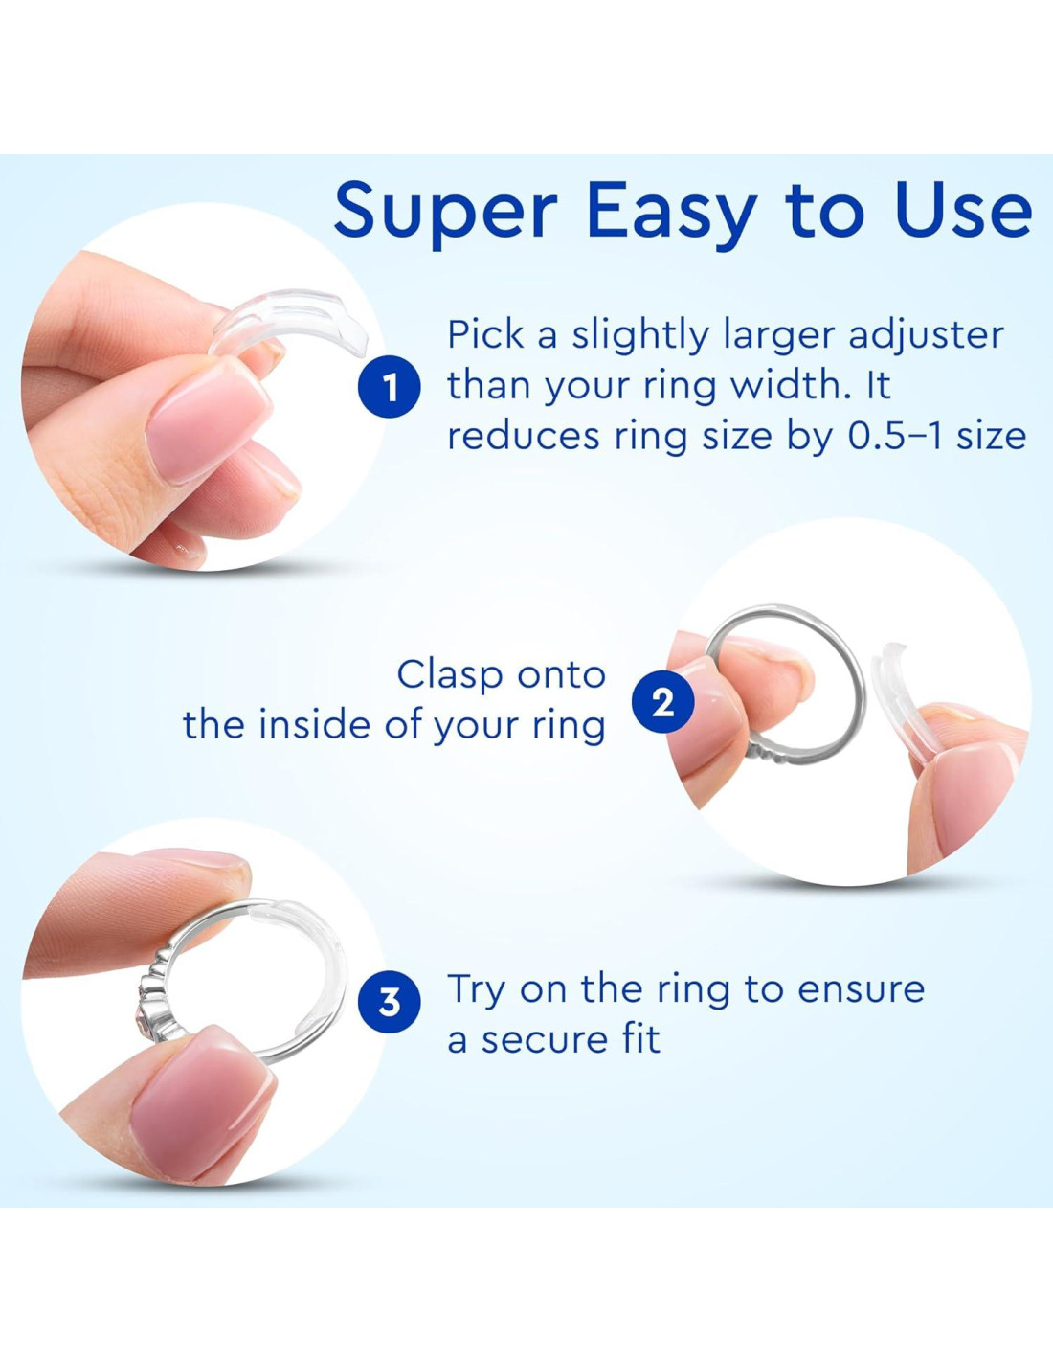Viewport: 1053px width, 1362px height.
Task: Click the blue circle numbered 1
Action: [x=390, y=387]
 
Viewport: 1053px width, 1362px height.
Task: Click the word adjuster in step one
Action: [x=926, y=336]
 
